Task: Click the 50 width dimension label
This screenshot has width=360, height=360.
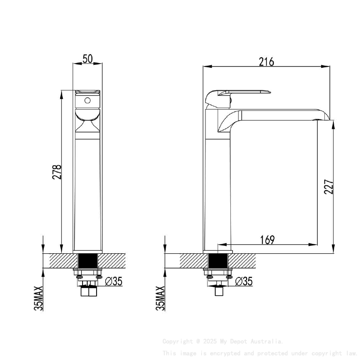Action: click(88, 59)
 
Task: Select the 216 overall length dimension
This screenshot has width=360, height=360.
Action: click(266, 62)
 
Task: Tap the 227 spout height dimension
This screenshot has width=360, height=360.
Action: click(329, 187)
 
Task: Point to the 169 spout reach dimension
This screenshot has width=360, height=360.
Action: click(267, 240)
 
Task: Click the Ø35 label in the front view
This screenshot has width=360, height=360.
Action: click(113, 281)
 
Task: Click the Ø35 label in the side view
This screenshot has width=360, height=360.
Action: click(244, 281)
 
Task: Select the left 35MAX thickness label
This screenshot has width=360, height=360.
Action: click(39, 298)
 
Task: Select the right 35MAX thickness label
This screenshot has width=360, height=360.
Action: click(160, 298)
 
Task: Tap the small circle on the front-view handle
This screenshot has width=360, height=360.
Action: click(88, 101)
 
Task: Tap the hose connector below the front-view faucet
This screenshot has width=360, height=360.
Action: click(88, 291)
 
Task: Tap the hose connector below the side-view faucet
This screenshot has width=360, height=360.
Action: click(219, 291)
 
